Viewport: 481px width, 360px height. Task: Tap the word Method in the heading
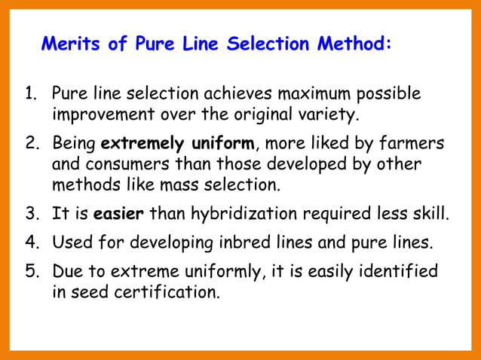pos(350,44)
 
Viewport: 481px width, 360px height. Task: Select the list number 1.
pos(32,96)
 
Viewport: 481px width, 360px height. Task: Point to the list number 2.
pos(31,143)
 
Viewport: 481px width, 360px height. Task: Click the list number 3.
pos(32,213)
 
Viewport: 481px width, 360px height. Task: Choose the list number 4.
pos(32,243)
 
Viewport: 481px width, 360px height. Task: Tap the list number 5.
pos(32,271)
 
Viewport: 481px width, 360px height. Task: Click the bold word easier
pos(119,213)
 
